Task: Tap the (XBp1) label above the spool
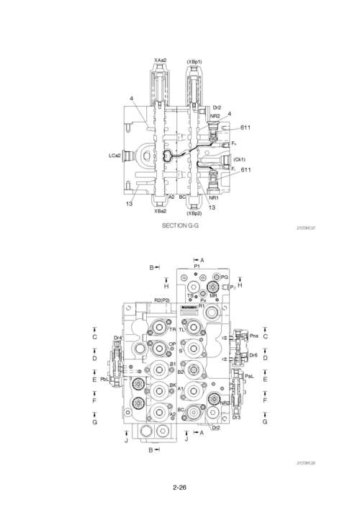[194, 62]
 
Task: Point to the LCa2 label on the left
[114, 155]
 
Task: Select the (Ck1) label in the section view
[240, 159]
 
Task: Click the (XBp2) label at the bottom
[194, 213]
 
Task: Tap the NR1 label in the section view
[213, 197]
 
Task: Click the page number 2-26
[180, 488]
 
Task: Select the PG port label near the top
[224, 277]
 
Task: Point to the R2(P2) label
[161, 300]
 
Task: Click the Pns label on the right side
[254, 335]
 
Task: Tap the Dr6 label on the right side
[253, 355]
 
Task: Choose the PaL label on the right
[249, 376]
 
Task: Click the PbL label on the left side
[104, 379]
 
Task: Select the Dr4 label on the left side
[117, 337]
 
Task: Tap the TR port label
[172, 329]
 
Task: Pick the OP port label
[173, 344]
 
